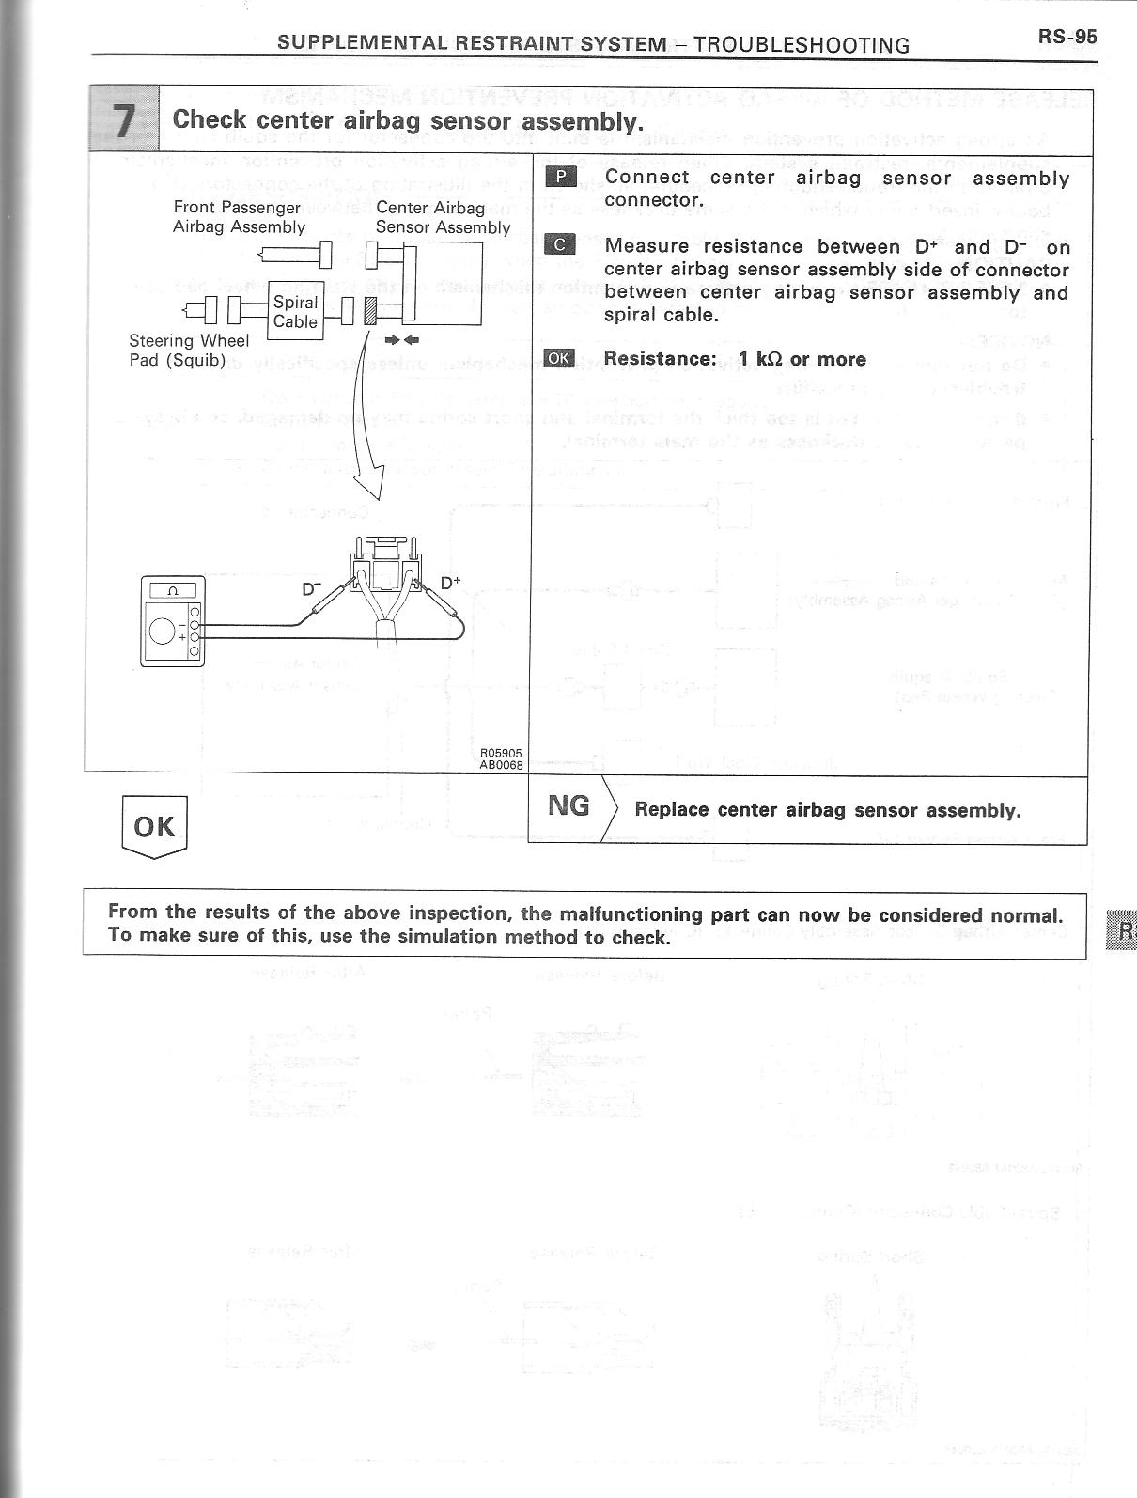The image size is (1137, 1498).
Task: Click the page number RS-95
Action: coord(1067,37)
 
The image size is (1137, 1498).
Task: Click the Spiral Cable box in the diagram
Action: coord(295,311)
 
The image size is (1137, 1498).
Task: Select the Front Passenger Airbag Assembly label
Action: coord(238,217)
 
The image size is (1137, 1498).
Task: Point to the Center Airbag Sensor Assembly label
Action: coord(442,217)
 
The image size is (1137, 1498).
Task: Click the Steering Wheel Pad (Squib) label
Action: coord(188,351)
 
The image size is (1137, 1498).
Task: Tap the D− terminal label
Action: coord(311,590)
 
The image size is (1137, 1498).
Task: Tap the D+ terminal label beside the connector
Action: coord(451,584)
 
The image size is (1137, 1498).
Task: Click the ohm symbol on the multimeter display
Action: coord(172,591)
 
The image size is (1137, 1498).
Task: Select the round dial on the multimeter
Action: coord(163,632)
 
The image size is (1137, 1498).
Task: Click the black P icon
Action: coord(560,178)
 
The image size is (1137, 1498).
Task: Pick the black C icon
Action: coord(560,245)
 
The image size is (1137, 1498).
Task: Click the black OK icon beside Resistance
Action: coord(559,358)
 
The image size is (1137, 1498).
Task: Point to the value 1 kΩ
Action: coord(761,359)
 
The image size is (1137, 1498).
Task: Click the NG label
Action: coord(568,805)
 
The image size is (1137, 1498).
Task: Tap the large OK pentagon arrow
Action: coord(154,826)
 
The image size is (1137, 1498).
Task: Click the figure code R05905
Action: coord(501,753)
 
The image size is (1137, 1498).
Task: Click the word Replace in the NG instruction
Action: coord(671,810)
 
